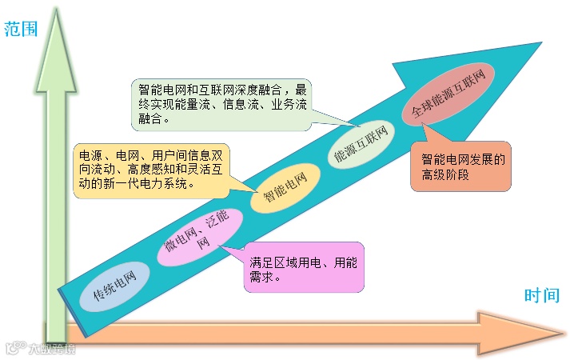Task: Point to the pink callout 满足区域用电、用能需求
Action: (x=305, y=267)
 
